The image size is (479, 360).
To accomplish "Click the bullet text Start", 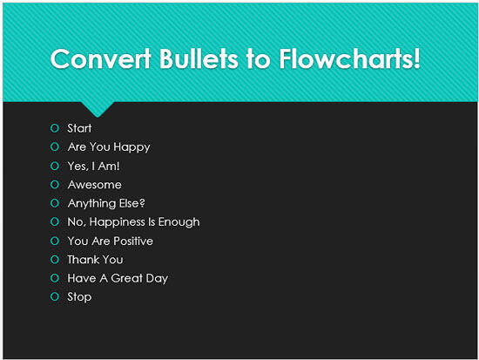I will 79,128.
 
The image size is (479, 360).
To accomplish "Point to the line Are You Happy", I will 109,147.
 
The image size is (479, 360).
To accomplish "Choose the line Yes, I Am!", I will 94,166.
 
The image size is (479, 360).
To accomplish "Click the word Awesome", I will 94,185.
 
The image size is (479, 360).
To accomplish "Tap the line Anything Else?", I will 106,203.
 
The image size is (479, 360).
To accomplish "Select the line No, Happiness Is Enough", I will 133,222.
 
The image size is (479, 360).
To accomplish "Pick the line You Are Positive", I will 110,241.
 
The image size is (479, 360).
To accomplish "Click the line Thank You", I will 95,260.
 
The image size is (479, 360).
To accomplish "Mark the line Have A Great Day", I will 118,278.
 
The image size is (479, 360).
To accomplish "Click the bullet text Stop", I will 79,297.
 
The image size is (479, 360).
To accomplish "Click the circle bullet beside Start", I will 54,129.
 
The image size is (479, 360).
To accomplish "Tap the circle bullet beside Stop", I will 54,297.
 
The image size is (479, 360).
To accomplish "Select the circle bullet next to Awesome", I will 54,185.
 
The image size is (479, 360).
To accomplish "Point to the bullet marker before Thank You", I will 54,260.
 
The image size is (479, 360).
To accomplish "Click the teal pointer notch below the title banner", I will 98,109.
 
